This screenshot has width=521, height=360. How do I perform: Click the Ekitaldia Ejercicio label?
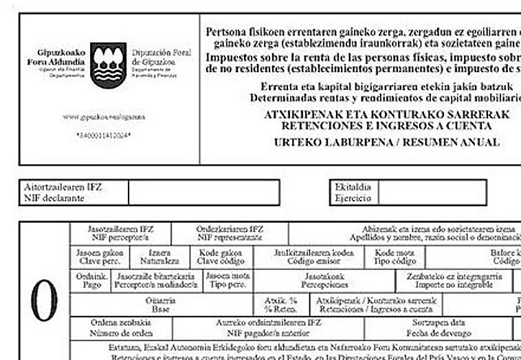point(353,192)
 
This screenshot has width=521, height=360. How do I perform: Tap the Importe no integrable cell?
point(454,280)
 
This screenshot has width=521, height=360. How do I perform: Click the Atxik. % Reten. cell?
point(280,304)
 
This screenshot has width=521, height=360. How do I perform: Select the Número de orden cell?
point(121,326)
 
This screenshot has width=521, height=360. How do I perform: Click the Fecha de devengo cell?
point(439,326)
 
